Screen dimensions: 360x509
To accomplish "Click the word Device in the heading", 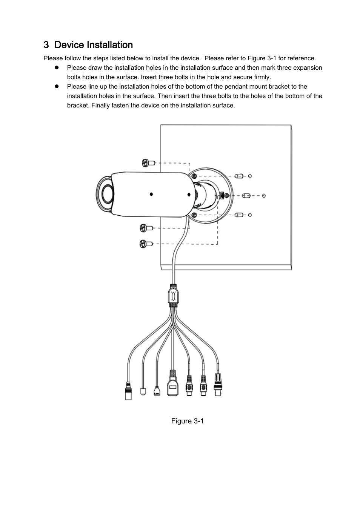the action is pyautogui.click(x=69, y=45).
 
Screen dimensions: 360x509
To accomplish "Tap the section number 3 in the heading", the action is pyautogui.click(x=46, y=45).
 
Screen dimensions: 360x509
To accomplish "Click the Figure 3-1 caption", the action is pyautogui.click(x=188, y=421).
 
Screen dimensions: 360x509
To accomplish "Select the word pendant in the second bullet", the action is pyautogui.click(x=236, y=87).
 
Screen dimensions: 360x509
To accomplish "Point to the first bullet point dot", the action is pyautogui.click(x=57, y=67).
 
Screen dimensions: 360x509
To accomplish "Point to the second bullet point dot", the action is pyautogui.click(x=57, y=86).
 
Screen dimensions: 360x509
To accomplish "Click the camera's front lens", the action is pyautogui.click(x=107, y=194).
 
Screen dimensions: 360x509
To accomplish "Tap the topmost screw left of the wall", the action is pyautogui.click(x=148, y=163).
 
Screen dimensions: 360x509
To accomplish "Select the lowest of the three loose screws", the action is pyautogui.click(x=146, y=244).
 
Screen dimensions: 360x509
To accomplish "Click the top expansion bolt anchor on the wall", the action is pyautogui.click(x=239, y=176).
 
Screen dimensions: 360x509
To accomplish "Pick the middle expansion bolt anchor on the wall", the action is pyautogui.click(x=246, y=196).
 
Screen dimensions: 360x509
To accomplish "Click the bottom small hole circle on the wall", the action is pyautogui.click(x=250, y=215).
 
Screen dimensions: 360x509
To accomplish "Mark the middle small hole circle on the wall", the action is pyautogui.click(x=264, y=196).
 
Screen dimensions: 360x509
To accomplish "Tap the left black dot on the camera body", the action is pyautogui.click(x=151, y=194).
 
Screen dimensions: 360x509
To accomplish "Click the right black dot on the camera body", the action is pyautogui.click(x=189, y=195).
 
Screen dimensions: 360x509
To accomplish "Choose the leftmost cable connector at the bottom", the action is pyautogui.click(x=128, y=391).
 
